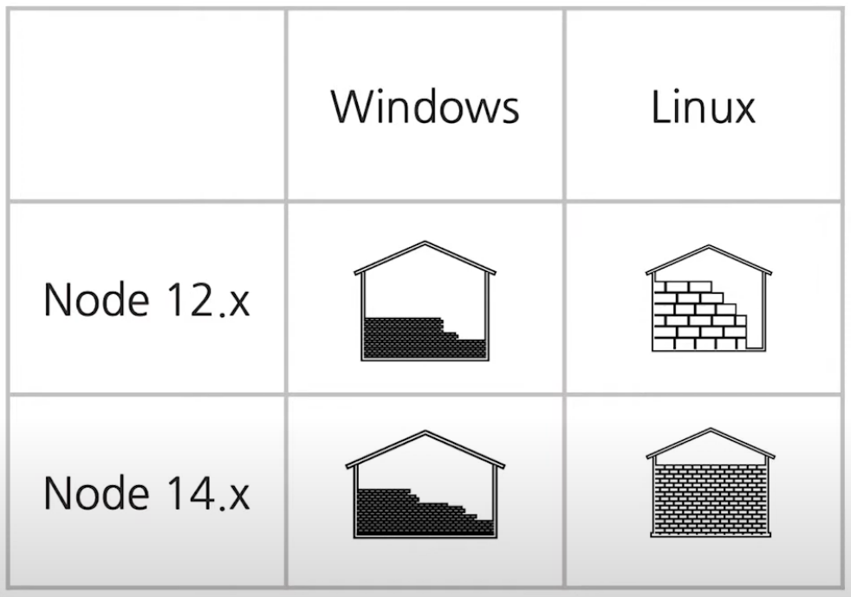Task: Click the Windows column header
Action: point(425,106)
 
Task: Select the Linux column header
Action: point(703,106)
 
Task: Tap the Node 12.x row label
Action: point(146,300)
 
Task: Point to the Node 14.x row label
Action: point(146,492)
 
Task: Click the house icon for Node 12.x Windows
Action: point(425,301)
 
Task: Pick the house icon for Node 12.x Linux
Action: point(709,298)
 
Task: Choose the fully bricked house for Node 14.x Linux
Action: point(711,483)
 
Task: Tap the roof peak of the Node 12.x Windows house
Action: point(425,243)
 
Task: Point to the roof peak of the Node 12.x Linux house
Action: point(709,247)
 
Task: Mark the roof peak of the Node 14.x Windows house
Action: point(425,432)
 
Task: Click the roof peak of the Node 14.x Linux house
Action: point(711,431)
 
